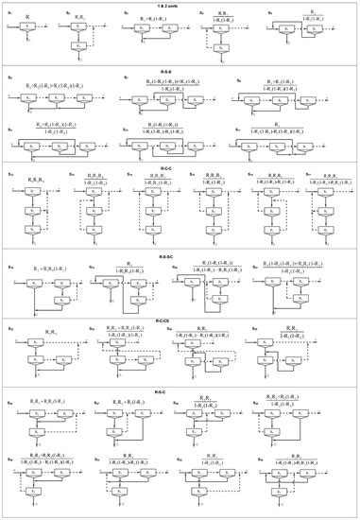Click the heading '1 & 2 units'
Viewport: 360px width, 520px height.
(180, 6)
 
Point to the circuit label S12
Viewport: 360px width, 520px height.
(9, 177)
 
